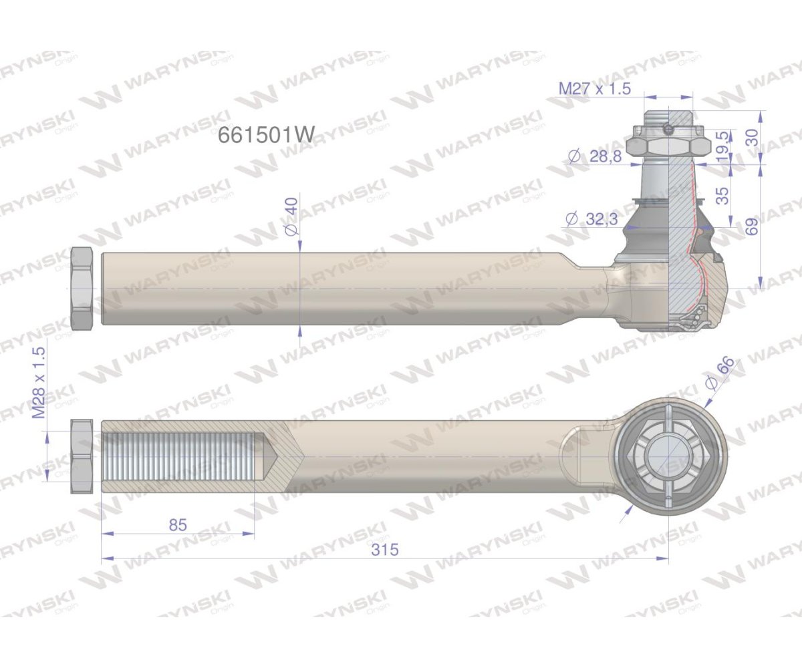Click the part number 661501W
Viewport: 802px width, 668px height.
[x=265, y=135]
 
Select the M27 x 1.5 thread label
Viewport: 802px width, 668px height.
[x=594, y=89]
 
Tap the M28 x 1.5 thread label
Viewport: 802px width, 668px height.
[x=39, y=383]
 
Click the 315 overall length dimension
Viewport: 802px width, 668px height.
[x=385, y=549]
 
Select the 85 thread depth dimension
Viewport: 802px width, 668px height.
[x=177, y=524]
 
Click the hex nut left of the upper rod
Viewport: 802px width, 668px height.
[x=82, y=289]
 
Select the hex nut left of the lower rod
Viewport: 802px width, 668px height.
[x=82, y=457]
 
